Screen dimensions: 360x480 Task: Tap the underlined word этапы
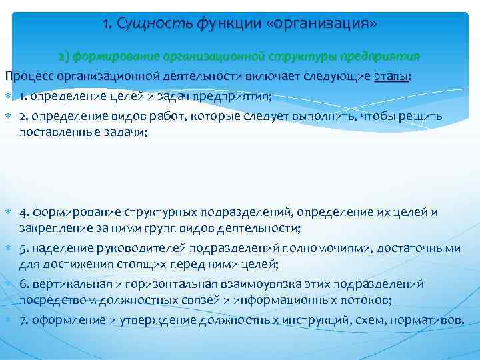(391, 77)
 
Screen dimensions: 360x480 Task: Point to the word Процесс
(30, 77)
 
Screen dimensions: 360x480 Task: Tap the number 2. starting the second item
(24, 116)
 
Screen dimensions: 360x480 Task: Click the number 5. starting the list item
(24, 249)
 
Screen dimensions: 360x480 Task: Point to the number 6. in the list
(24, 285)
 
